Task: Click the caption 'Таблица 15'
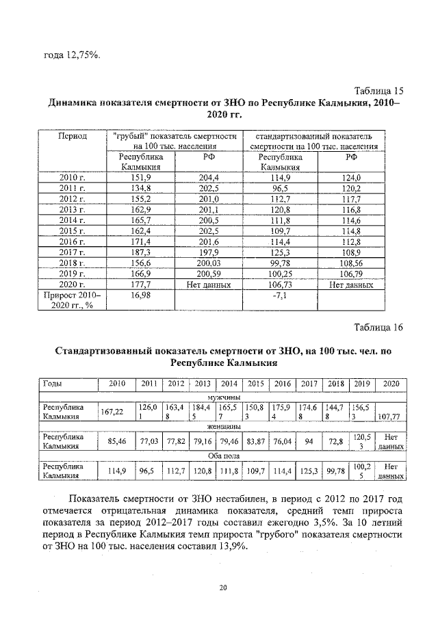click(379, 91)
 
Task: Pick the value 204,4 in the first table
click(208, 178)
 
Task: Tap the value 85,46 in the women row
click(117, 441)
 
